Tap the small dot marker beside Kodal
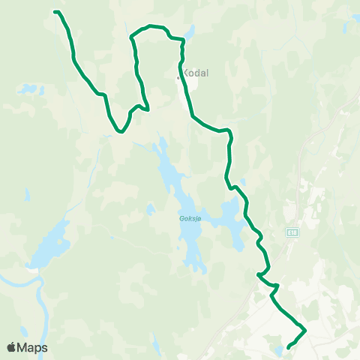tap(178, 77)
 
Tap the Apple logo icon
tap(12, 347)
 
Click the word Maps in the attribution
tap(33, 347)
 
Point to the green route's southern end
tap(289, 346)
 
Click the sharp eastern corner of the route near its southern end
tap(306, 329)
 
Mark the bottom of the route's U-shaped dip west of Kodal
tap(120, 132)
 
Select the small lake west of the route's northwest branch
tap(30, 89)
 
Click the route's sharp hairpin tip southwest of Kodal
tap(148, 109)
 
